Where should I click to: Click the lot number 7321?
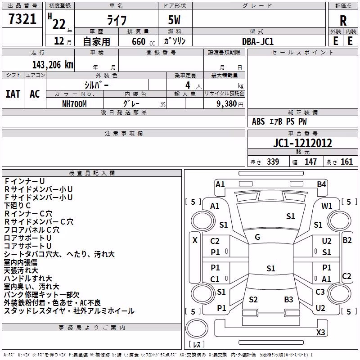coord(22,19)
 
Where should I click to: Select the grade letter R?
coord(343,21)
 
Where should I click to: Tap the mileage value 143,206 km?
coord(53,65)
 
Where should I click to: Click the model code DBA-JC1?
coord(258,41)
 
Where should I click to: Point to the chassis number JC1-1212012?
coord(302,143)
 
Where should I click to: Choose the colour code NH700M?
coord(74,104)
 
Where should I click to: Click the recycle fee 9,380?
coord(227,104)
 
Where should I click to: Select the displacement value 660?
coord(139,41)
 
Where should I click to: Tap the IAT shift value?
coord(13,94)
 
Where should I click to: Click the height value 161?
coord(346,162)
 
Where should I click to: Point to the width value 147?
coord(310,162)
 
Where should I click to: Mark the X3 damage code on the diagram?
coord(320,332)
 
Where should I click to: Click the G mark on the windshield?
coord(257,237)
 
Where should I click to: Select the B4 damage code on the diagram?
coord(321,184)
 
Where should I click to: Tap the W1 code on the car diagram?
coord(327,206)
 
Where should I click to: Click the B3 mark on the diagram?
coord(288,300)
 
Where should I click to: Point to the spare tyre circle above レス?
coord(197,328)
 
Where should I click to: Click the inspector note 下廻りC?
coord(17,206)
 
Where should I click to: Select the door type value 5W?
coord(174,20)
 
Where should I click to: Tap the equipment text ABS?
coord(258,121)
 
